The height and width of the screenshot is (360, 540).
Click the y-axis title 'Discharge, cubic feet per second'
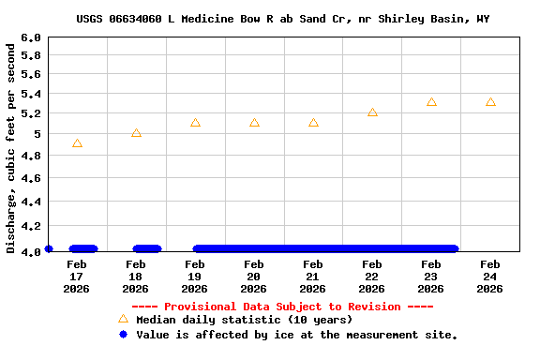(x=11, y=146)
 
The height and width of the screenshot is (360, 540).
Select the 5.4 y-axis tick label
(x=31, y=95)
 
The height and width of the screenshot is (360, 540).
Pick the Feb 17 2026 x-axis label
(x=77, y=277)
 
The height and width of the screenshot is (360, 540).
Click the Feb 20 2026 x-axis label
(x=254, y=277)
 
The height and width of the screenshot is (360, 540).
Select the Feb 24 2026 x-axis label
(x=490, y=277)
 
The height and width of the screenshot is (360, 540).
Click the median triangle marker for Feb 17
(x=77, y=143)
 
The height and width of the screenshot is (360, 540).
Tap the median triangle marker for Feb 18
(x=136, y=133)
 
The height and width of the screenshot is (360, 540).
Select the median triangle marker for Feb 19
(x=195, y=123)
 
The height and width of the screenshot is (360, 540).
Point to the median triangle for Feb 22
(x=372, y=112)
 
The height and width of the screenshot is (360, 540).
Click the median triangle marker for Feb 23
(x=431, y=102)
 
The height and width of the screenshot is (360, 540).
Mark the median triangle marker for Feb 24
(x=490, y=102)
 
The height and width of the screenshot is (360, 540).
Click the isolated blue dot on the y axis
(x=49, y=248)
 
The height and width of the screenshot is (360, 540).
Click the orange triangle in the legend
(x=123, y=320)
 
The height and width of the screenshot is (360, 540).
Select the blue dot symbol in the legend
(x=123, y=335)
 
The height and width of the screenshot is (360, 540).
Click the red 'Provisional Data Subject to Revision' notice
(x=282, y=307)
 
